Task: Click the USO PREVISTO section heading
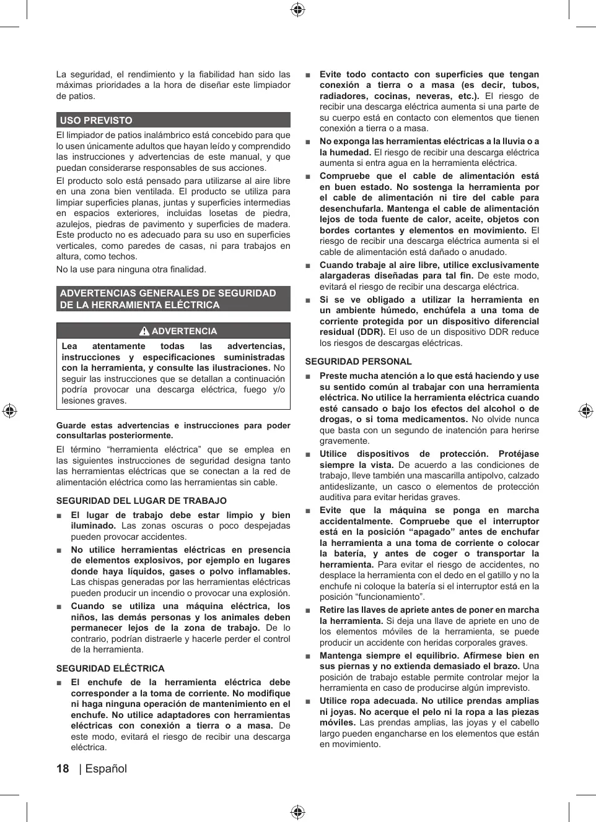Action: pos(96,120)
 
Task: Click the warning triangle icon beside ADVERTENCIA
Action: pos(144,331)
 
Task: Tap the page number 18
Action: pos(63,769)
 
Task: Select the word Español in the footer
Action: pos(106,769)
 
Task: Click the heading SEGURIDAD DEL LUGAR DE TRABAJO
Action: pos(141,501)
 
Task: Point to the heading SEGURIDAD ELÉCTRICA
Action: pos(110,668)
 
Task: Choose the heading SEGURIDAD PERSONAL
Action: pos(358,361)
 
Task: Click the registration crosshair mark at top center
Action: pos(297,9)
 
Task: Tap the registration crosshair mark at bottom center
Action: pos(297,811)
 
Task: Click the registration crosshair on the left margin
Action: pos(9,410)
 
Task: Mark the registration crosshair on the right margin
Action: pos(585,410)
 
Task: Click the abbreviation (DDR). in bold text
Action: pos(369,332)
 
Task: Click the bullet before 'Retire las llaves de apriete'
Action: pos(308,610)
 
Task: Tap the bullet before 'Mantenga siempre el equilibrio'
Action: pos(308,656)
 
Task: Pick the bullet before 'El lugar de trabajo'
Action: pos(59,516)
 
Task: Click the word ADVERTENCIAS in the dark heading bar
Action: pos(99,293)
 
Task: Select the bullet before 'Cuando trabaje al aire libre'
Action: pos(308,266)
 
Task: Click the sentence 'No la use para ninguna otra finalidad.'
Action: pos(131,269)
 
